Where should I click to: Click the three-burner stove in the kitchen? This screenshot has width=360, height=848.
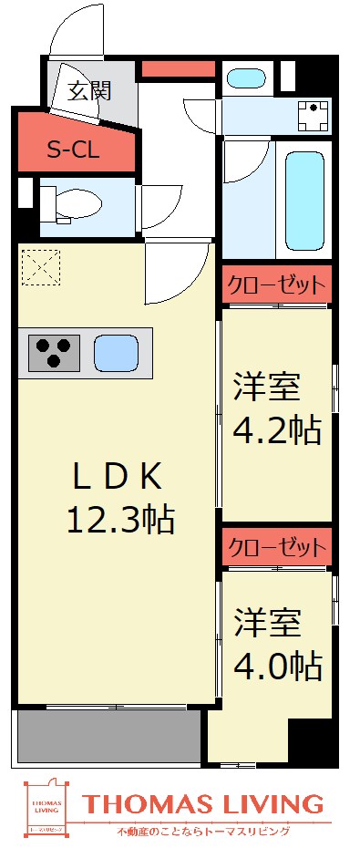click(54, 352)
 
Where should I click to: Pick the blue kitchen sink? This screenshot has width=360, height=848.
click(115, 352)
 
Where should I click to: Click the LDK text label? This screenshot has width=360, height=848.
click(118, 475)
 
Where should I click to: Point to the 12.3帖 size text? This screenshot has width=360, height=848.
click(119, 519)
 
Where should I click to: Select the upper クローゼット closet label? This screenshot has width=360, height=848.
click(276, 284)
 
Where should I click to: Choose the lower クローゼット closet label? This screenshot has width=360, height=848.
click(276, 547)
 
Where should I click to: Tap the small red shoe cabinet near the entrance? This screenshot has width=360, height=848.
click(178, 68)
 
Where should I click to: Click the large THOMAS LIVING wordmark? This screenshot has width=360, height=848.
click(203, 803)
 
